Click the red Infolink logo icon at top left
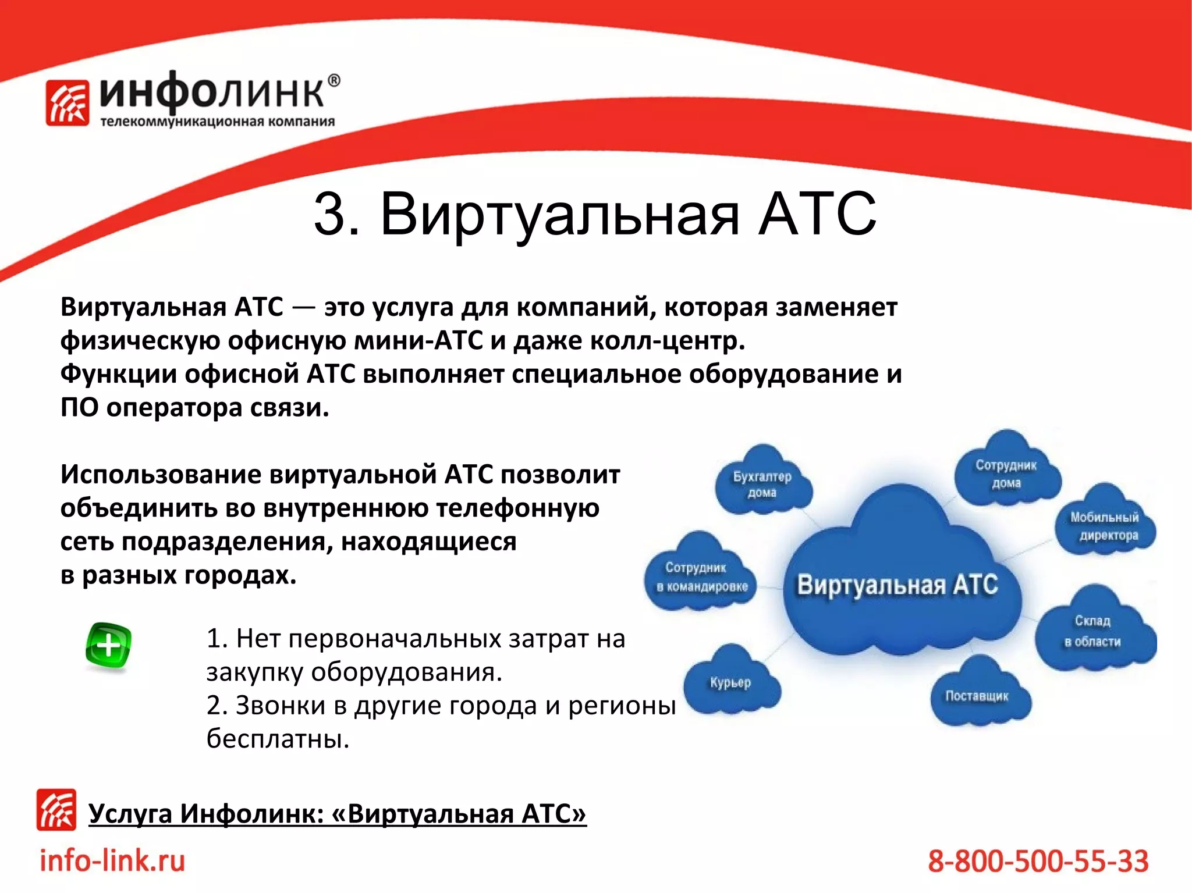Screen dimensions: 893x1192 click(x=68, y=103)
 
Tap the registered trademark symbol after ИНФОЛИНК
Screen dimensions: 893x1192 click(x=334, y=81)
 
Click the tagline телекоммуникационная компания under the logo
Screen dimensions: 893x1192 click(x=217, y=122)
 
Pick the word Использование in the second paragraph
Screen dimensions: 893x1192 click(x=160, y=475)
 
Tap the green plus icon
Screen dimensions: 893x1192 click(x=108, y=646)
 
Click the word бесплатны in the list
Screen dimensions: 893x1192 click(x=277, y=739)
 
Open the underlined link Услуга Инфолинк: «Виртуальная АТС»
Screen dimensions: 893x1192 click(x=337, y=814)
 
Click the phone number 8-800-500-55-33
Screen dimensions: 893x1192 click(x=1038, y=862)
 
